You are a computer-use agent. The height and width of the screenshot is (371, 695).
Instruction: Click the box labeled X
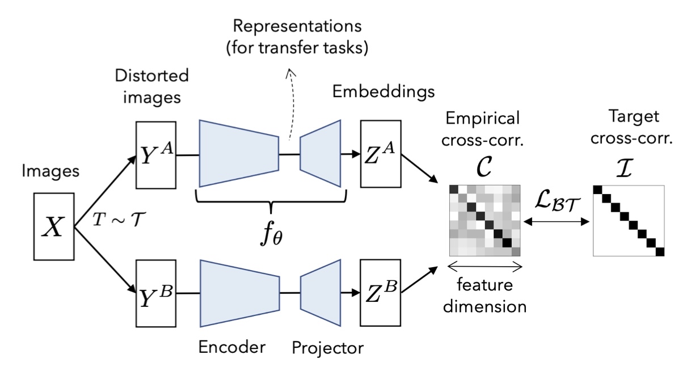coord(54,229)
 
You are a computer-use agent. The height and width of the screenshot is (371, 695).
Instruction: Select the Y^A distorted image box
coord(155,154)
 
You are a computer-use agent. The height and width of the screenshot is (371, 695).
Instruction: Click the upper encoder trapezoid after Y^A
coord(238,154)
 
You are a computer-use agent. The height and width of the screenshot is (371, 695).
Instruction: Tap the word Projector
coord(327,346)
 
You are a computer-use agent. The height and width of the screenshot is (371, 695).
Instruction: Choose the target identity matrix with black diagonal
coord(628,221)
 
